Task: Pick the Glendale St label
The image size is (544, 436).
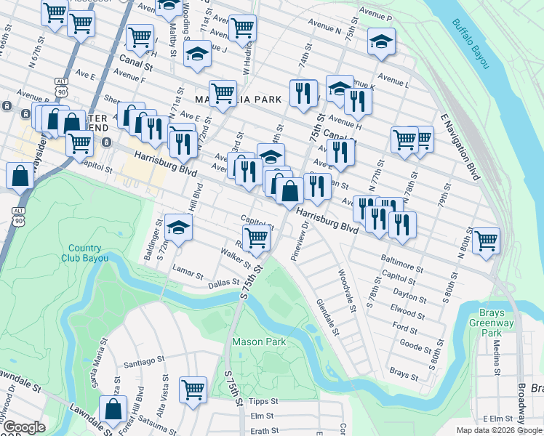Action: tap(327, 318)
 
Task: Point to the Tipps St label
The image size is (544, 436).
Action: tap(263, 401)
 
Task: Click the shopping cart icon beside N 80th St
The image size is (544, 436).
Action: tap(486, 240)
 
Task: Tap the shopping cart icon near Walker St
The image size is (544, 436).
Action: tap(256, 237)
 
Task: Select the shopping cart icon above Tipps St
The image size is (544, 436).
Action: tap(193, 390)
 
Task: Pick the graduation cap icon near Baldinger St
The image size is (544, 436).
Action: tap(178, 227)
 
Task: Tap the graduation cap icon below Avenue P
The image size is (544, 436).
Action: tap(381, 41)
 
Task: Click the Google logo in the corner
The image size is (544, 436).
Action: tap(24, 428)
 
